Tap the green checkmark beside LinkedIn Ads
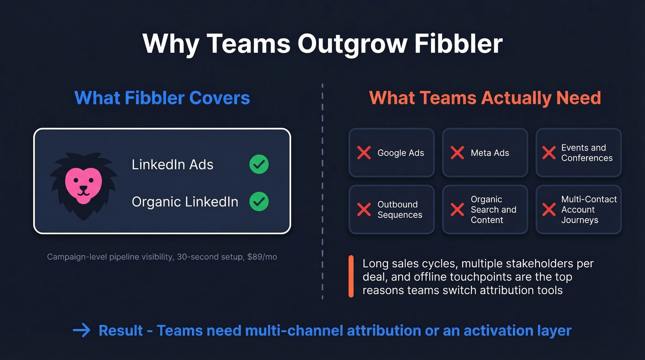[x=259, y=165]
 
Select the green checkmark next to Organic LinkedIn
[x=259, y=201]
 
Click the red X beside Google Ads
[x=364, y=153]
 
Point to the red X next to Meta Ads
[x=457, y=153]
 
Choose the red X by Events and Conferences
[x=549, y=153]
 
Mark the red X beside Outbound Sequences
[x=364, y=210]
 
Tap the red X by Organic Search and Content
[x=457, y=210]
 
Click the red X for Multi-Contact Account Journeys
[x=549, y=210]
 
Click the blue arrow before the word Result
[x=82, y=330]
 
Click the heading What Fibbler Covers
[x=162, y=98]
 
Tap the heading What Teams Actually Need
[x=485, y=98]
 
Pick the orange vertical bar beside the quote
[x=351, y=277]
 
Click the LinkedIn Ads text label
[x=172, y=165]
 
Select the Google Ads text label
[x=401, y=153]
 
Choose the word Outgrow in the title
[x=352, y=44]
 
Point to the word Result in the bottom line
[x=121, y=330]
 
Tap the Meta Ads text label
[x=490, y=153]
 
